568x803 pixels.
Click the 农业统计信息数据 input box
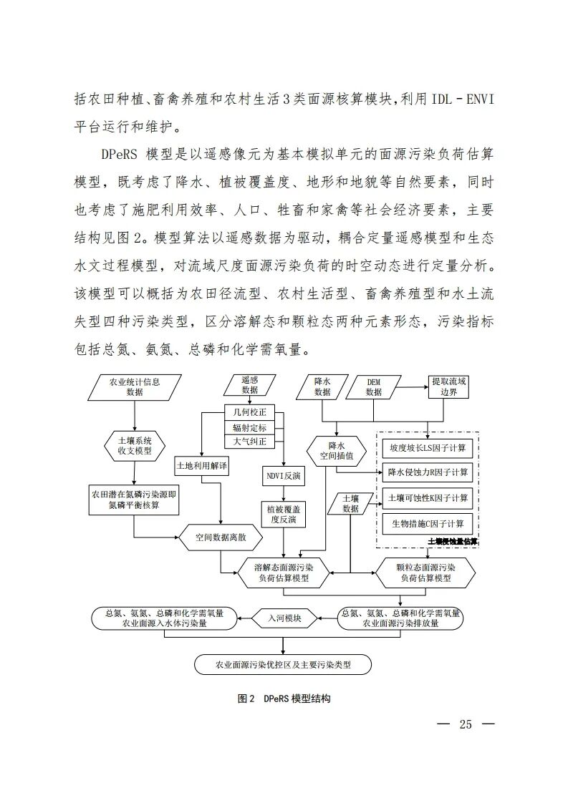(134, 387)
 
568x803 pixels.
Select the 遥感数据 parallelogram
(250, 385)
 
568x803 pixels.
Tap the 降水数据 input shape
(322, 387)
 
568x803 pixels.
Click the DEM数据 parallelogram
(374, 387)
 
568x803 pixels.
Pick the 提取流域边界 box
(449, 387)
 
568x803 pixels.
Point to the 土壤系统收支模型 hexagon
(134, 445)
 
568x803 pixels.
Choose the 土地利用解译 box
(202, 466)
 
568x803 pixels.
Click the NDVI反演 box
(278, 474)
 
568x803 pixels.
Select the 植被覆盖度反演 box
(278, 515)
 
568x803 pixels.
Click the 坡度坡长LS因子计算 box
(428, 448)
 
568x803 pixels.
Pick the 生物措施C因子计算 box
(428, 523)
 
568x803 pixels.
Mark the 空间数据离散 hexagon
(221, 537)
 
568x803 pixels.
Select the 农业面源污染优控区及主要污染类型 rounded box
(284, 665)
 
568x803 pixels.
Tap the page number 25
(466, 724)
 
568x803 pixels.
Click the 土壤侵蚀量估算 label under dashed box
(452, 542)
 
